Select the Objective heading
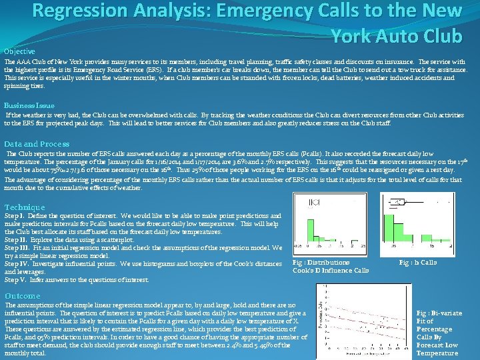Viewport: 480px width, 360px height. tap(19, 51)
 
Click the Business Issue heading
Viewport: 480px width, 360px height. tap(29, 105)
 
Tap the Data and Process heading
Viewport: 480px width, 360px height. tap(37, 144)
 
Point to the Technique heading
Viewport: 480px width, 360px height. tap(25, 207)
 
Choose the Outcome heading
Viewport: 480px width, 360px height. tap(23, 296)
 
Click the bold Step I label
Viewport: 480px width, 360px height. tap(15, 216)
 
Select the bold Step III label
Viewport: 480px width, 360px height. tap(17, 248)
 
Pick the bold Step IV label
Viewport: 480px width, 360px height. tap(17, 264)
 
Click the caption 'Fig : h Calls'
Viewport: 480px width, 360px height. tap(417, 263)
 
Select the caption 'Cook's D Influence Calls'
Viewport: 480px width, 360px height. tap(331, 271)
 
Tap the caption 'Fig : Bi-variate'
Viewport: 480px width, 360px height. tap(437, 313)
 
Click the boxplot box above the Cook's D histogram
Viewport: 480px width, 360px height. tap(315, 203)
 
